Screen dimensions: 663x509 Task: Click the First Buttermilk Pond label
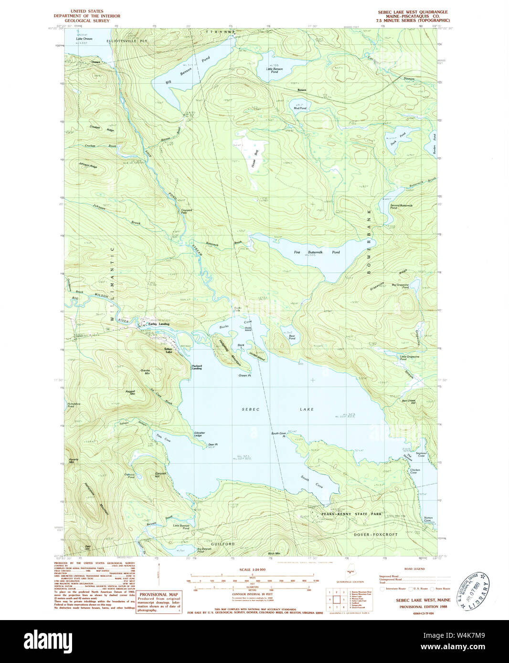[x=317, y=252]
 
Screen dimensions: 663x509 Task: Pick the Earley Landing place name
[x=159, y=324]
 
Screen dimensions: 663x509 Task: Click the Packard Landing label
[x=197, y=367]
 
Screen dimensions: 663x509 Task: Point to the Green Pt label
[x=244, y=375]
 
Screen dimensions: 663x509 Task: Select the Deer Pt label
[x=212, y=445]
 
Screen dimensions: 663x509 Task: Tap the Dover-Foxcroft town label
[x=375, y=534]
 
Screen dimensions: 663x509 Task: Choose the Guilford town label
[x=223, y=544]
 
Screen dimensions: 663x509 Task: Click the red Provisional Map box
[x=159, y=602]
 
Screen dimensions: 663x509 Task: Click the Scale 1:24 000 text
[x=252, y=570]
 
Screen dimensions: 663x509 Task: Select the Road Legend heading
[x=414, y=569]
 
